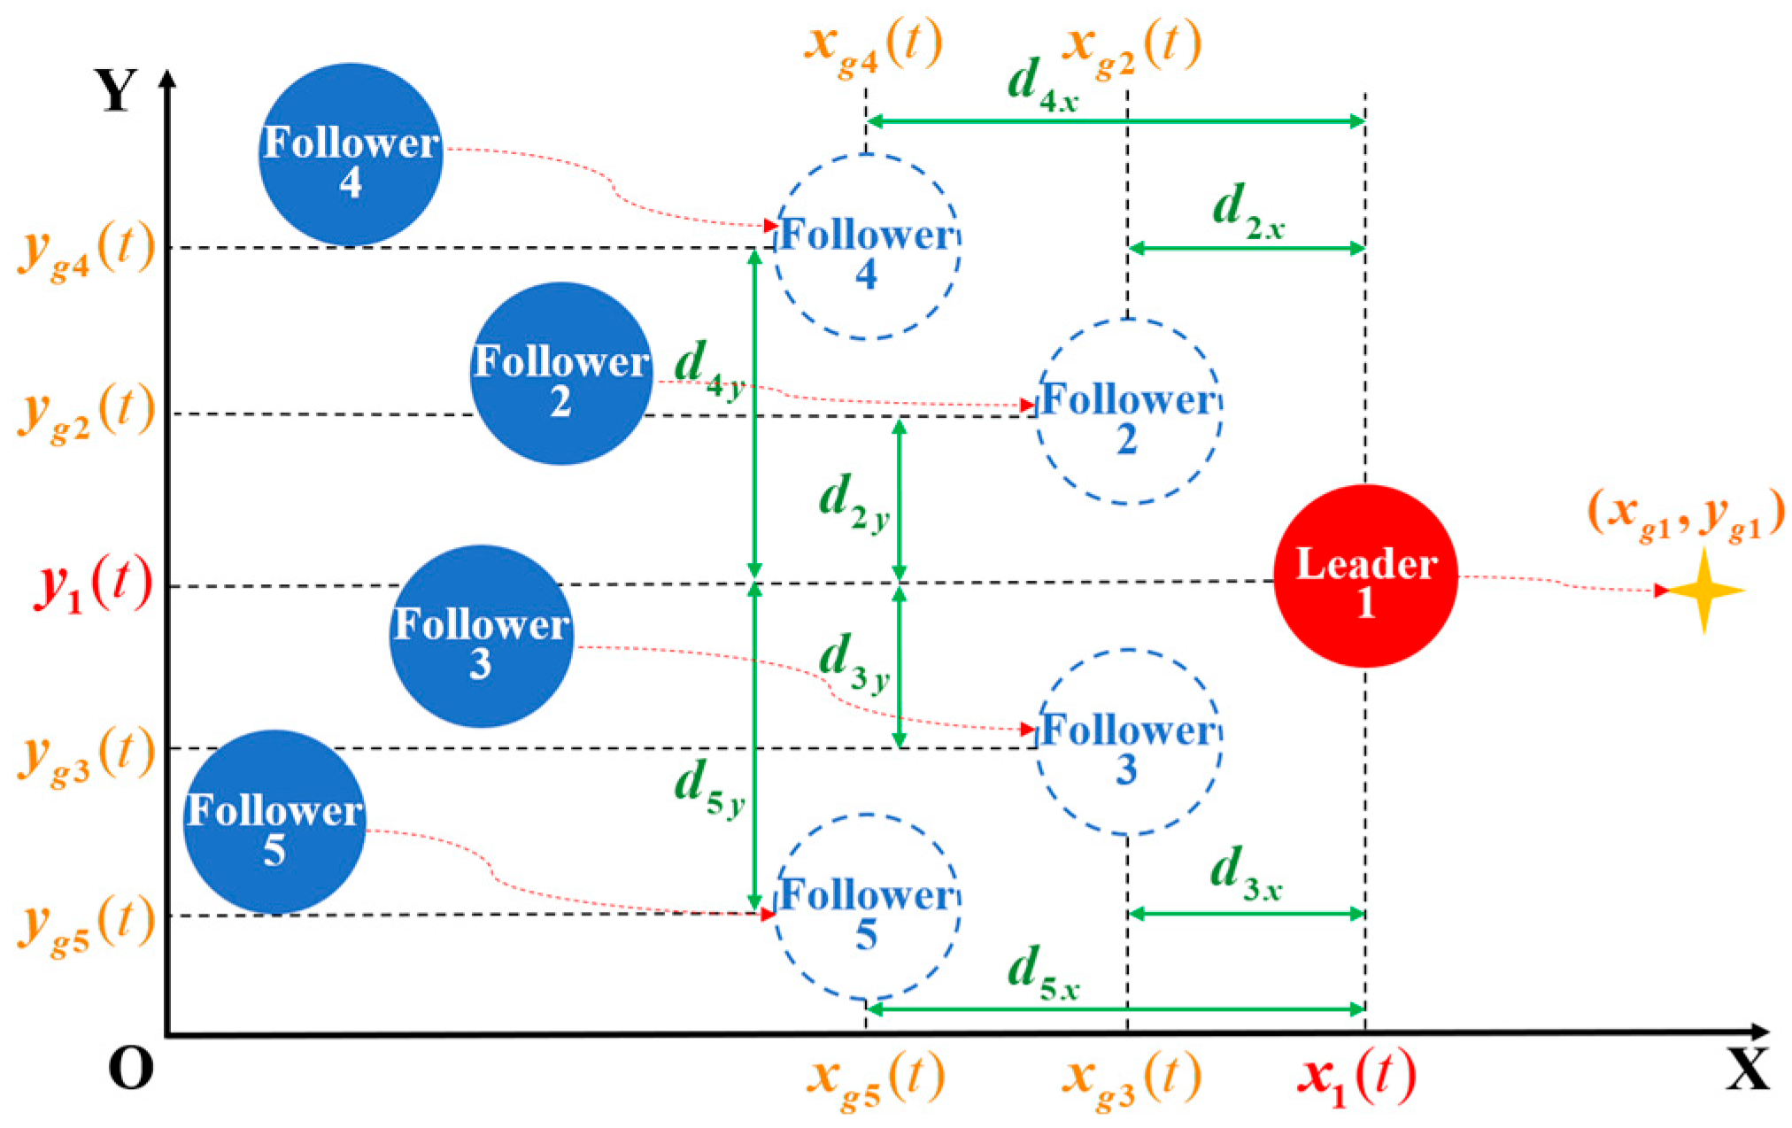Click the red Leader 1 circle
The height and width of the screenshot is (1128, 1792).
point(1365,576)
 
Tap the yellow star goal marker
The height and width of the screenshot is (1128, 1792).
point(1704,591)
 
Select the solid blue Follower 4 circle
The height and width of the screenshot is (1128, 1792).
point(351,155)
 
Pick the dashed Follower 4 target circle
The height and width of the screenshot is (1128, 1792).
point(867,247)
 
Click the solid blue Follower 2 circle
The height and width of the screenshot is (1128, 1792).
point(561,374)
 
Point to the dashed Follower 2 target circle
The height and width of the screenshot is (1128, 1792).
point(1128,413)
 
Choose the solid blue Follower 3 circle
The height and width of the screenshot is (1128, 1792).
point(481,637)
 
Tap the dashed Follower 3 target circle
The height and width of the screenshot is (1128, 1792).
point(1128,743)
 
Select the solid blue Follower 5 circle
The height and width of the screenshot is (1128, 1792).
point(274,823)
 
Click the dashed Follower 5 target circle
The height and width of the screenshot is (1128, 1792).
point(867,908)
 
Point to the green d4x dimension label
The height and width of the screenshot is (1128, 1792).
point(1042,85)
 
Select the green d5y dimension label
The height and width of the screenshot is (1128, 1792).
point(708,788)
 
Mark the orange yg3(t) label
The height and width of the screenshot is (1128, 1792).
point(87,754)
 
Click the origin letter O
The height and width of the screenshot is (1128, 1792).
point(130,1069)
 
